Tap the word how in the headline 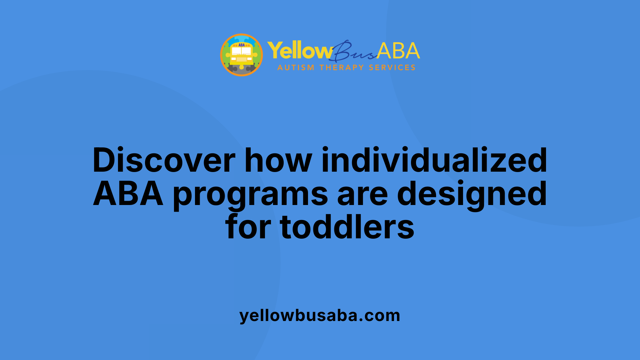tap(278, 160)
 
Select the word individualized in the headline tap(434, 160)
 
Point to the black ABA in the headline tap(128, 194)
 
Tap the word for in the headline tap(248, 228)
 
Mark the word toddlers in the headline tap(347, 228)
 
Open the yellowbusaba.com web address tap(320, 316)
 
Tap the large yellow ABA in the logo tap(398, 51)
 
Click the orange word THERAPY tap(342, 68)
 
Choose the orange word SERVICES tap(392, 68)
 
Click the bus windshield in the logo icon tap(242, 51)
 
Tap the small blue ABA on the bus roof tap(242, 45)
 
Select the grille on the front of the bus tap(242, 59)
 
